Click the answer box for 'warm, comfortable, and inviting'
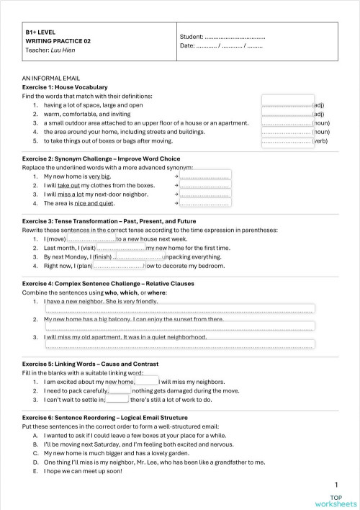pyautogui.click(x=287, y=114)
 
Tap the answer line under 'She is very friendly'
pyautogui.click(x=180, y=309)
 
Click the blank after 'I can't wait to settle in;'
pyautogui.click(x=117, y=398)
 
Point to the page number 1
pyautogui.click(x=336, y=485)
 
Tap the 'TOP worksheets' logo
pyautogui.click(x=336, y=501)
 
